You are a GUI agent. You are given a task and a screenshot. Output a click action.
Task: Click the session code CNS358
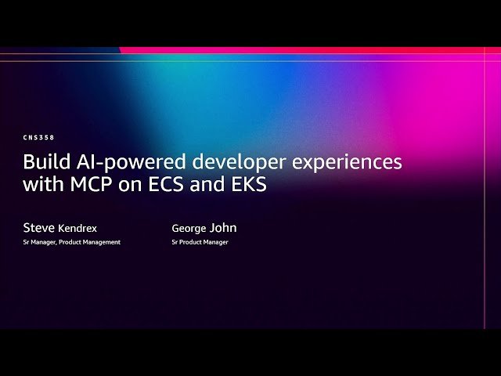(39, 138)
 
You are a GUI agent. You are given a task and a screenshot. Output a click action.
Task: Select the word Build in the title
(45, 162)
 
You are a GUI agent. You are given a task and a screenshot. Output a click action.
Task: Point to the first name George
(189, 228)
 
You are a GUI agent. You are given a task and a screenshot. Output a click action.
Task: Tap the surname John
(222, 228)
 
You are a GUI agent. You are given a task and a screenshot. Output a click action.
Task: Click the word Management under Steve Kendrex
(102, 242)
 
